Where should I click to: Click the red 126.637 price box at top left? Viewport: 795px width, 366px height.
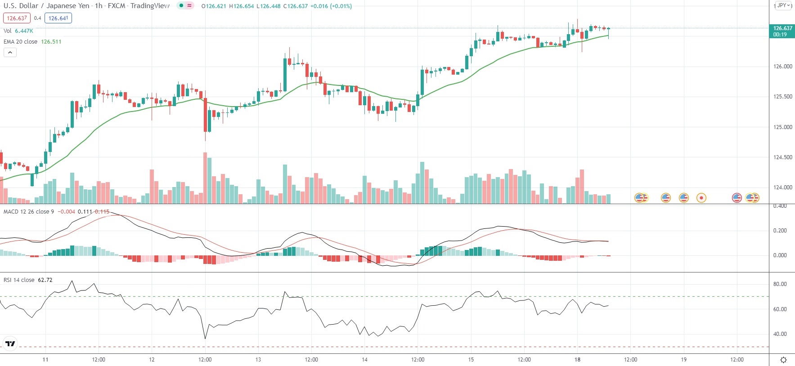pyautogui.click(x=17, y=18)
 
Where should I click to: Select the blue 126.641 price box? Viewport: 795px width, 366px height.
pyautogui.click(x=58, y=18)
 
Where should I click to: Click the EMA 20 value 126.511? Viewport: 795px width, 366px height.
pyautogui.click(x=51, y=42)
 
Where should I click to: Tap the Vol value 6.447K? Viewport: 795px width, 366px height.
pyautogui.click(x=24, y=31)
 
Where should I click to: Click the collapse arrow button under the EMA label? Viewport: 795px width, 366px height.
pyautogui.click(x=10, y=53)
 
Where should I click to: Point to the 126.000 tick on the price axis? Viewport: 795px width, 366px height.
pyautogui.click(x=782, y=67)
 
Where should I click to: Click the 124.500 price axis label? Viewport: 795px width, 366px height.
pyautogui.click(x=782, y=157)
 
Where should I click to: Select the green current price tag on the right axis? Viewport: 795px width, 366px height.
pyautogui.click(x=782, y=31)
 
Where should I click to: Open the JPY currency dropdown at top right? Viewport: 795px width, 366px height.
pyautogui.click(x=783, y=6)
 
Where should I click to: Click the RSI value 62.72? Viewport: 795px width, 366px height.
pyautogui.click(x=45, y=280)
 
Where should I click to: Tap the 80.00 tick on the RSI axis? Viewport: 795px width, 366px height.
pyautogui.click(x=780, y=284)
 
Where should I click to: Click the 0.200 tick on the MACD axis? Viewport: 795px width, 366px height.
pyautogui.click(x=780, y=231)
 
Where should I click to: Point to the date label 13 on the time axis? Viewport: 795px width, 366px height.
pyautogui.click(x=258, y=360)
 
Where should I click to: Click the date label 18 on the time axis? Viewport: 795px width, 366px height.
pyautogui.click(x=577, y=360)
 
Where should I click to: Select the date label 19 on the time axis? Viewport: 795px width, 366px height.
pyautogui.click(x=683, y=360)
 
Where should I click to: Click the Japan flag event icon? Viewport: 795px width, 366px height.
pyautogui.click(x=701, y=198)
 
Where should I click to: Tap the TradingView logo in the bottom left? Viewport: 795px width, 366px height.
pyautogui.click(x=10, y=344)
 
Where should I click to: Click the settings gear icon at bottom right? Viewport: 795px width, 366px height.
pyautogui.click(x=783, y=360)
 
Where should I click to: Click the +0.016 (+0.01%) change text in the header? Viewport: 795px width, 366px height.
pyautogui.click(x=331, y=6)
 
